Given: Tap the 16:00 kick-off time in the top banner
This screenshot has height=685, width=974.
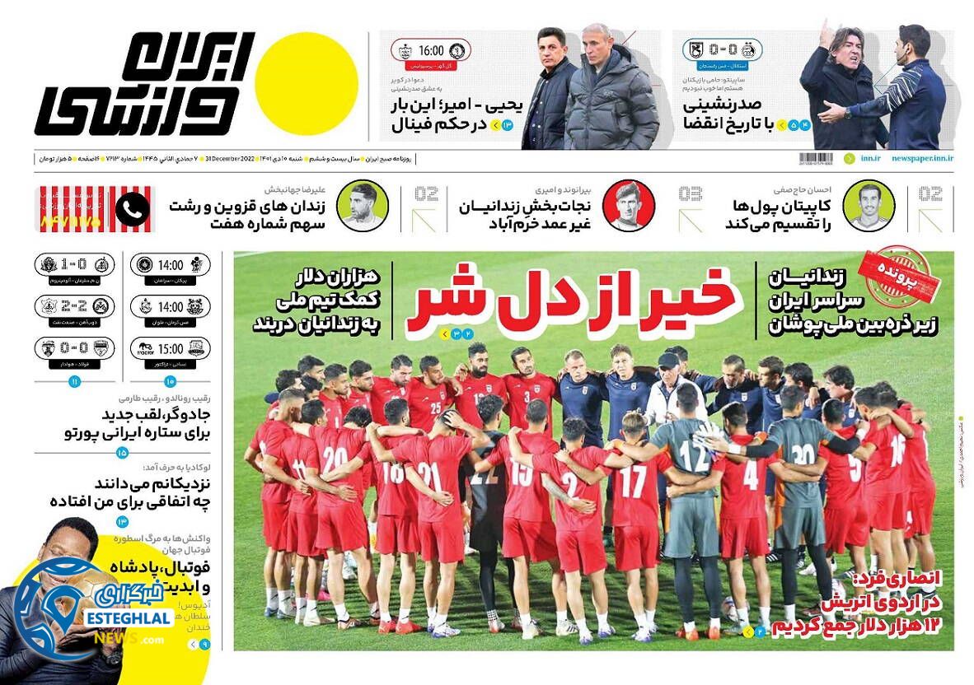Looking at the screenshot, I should (431, 50).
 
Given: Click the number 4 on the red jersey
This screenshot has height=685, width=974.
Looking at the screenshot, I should (750, 475).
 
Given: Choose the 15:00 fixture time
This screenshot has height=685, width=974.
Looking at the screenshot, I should (170, 349).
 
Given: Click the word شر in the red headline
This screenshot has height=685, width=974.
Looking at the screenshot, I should (442, 301).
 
